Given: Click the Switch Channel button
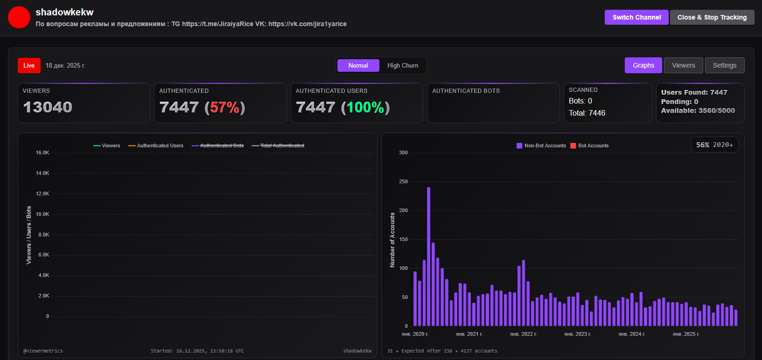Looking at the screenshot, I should (636, 17).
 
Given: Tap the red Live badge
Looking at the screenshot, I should (29, 66).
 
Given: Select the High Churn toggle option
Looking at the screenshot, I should (403, 66).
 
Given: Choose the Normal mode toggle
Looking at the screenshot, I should (358, 66).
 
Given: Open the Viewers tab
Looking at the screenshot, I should (683, 66).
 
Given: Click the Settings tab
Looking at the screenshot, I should (724, 66).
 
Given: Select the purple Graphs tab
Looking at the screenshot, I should (643, 66).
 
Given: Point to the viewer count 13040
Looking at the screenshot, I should (48, 107).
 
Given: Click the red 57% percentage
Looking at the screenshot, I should (224, 108).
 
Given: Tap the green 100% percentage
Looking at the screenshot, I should (365, 108).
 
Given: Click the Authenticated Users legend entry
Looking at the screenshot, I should (156, 146).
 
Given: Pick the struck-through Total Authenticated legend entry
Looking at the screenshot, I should (278, 146).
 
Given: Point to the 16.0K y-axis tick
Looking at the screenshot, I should (42, 153).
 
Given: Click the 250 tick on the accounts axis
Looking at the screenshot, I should (403, 182).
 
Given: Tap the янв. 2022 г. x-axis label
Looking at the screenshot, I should (523, 334).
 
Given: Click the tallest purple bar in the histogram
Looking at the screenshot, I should (428, 256).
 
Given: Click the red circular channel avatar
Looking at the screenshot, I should (19, 17).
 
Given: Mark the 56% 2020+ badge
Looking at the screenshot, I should (714, 145).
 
